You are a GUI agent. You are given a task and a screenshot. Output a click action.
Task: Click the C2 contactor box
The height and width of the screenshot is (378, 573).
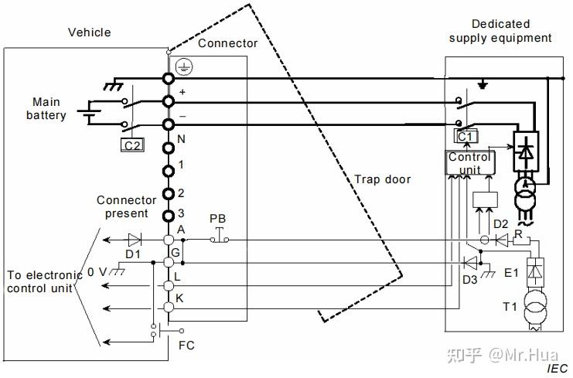click(x=132, y=144)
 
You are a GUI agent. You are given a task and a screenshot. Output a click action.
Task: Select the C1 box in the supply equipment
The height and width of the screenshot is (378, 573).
click(x=466, y=137)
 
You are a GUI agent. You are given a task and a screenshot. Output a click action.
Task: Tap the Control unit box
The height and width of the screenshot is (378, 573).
click(x=469, y=162)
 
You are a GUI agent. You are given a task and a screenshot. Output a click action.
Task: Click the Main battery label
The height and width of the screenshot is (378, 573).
click(x=47, y=109)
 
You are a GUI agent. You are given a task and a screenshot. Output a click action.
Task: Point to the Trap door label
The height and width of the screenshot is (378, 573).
click(x=382, y=179)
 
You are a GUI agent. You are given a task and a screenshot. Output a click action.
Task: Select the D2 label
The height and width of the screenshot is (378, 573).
click(x=501, y=224)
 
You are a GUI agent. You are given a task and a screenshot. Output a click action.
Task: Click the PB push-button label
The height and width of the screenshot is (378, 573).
click(x=218, y=220)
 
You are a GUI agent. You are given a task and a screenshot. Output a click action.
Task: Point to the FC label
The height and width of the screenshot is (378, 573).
click(x=186, y=345)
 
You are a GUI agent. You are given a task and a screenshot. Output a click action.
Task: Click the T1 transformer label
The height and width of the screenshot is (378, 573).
click(x=510, y=306)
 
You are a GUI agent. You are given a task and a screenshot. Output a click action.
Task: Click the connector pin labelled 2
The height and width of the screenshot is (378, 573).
click(x=168, y=193)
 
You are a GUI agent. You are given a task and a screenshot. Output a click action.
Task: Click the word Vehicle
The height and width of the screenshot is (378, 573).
click(x=90, y=32)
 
